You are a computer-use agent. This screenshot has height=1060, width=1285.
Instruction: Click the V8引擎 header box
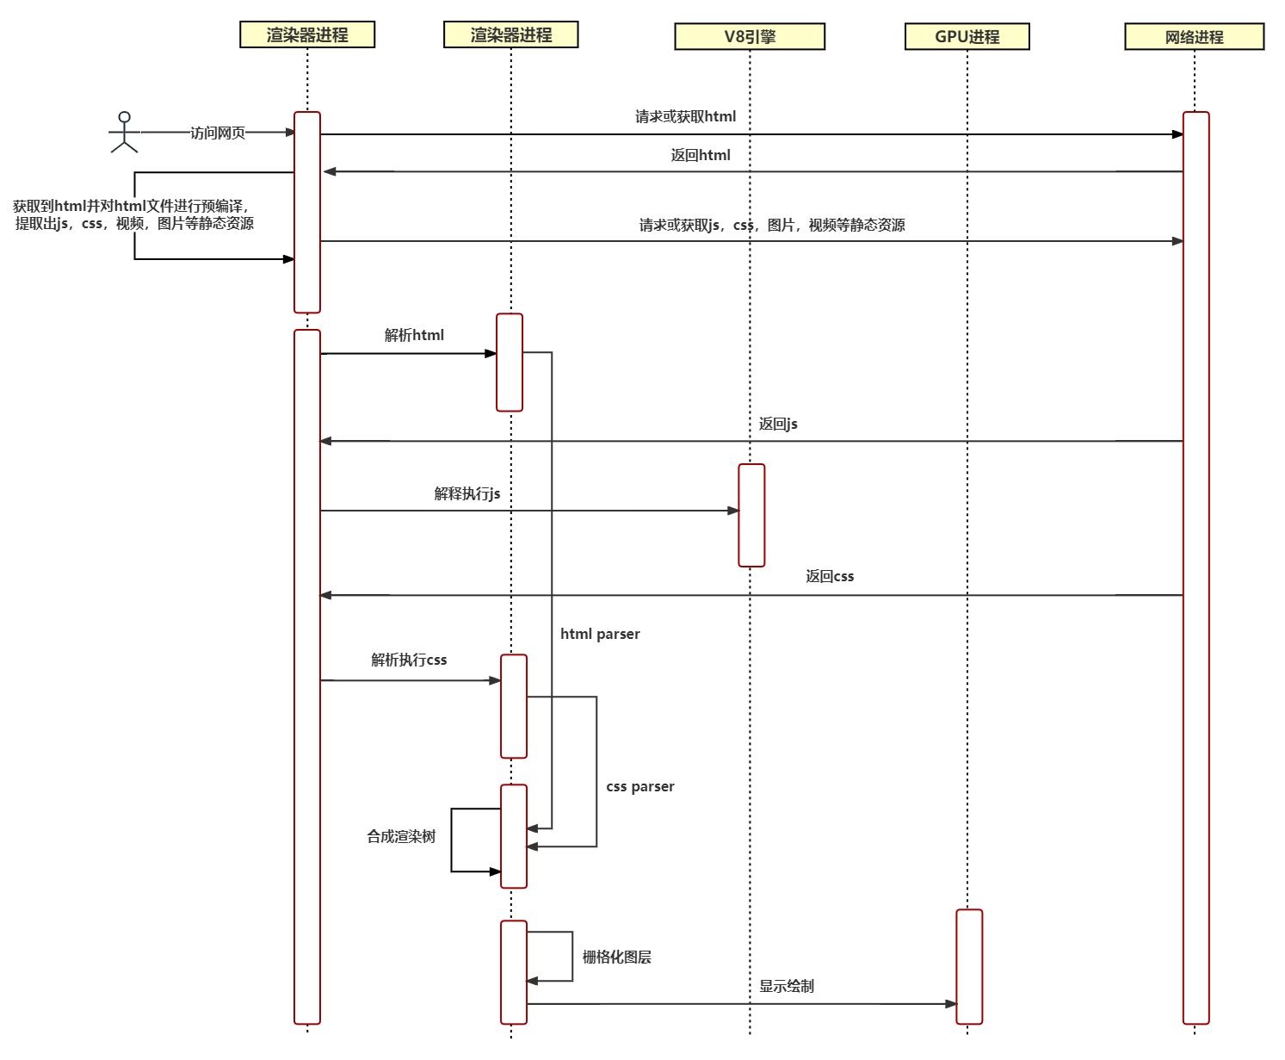pyautogui.click(x=750, y=37)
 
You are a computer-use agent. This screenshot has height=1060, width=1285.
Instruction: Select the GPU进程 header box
pyautogui.click(x=967, y=37)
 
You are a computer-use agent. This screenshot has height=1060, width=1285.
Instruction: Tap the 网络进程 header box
pyautogui.click(x=1194, y=37)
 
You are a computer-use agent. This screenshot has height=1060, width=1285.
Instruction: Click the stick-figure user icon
pyautogui.click(x=124, y=133)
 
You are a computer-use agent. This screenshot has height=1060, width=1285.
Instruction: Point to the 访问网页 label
pyautogui.click(x=218, y=133)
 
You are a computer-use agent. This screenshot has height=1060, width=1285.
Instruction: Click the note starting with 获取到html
pyautogui.click(x=134, y=214)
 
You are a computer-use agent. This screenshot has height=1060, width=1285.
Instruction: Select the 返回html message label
pyautogui.click(x=701, y=155)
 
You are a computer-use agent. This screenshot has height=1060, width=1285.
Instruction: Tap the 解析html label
pyautogui.click(x=414, y=335)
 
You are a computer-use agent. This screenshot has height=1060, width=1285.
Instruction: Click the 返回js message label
pyautogui.click(x=778, y=424)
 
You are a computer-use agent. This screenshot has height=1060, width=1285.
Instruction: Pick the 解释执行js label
pyautogui.click(x=466, y=493)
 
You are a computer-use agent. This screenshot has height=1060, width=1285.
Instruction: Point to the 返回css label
pyautogui.click(x=830, y=576)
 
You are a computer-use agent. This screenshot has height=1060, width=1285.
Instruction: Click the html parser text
pyautogui.click(x=600, y=634)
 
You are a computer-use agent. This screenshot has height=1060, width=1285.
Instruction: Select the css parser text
pyautogui.click(x=639, y=787)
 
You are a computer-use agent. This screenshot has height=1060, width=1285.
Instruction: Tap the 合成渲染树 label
pyautogui.click(x=401, y=836)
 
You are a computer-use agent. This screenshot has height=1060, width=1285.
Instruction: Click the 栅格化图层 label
pyautogui.click(x=617, y=957)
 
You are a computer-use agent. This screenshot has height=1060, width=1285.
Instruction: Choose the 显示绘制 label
pyautogui.click(x=787, y=986)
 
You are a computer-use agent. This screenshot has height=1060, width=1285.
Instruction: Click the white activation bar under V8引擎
pyautogui.click(x=751, y=515)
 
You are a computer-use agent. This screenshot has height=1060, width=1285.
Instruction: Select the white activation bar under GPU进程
pyautogui.click(x=969, y=966)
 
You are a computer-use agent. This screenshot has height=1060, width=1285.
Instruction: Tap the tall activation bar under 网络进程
pyautogui.click(x=1195, y=567)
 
